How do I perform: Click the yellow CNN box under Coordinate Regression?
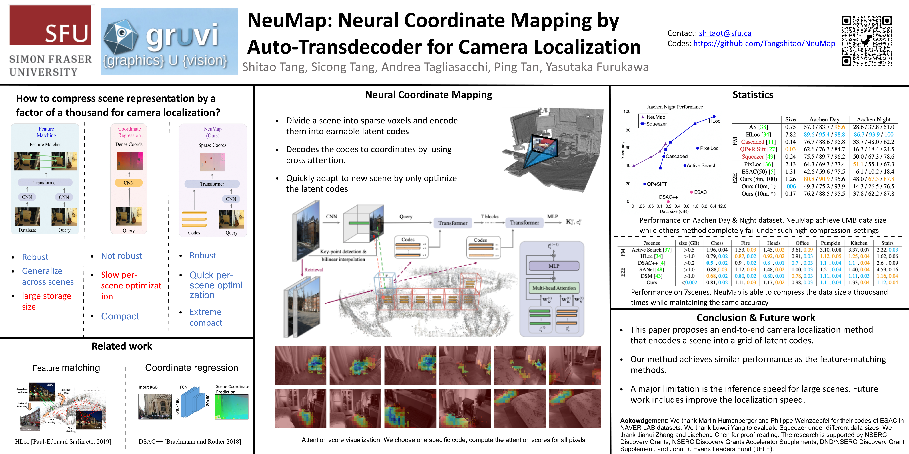click(x=129, y=183)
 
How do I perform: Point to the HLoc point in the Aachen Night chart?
click(x=714, y=117)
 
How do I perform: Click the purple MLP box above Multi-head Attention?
click(x=554, y=266)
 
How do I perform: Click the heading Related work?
click(x=122, y=346)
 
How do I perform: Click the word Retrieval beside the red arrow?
click(x=313, y=270)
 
